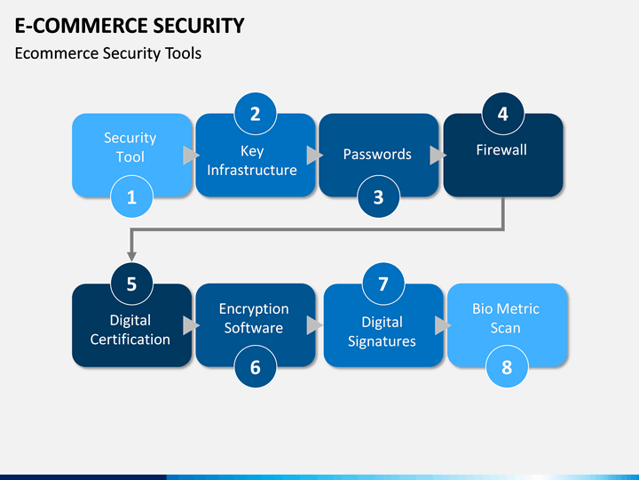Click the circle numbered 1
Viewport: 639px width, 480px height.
coord(131,196)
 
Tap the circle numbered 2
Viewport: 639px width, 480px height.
coord(255,114)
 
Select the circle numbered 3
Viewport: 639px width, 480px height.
coord(379,196)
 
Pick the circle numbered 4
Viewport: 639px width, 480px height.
coord(503,114)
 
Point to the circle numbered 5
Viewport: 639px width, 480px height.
coord(131,284)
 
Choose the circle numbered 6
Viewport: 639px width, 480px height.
coord(255,367)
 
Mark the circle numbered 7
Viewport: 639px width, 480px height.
coord(383,284)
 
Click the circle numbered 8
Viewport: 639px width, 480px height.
coord(507,367)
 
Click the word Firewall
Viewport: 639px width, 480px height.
coord(501,150)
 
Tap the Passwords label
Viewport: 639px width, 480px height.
coord(377,155)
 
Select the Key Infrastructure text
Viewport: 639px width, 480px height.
coord(252,160)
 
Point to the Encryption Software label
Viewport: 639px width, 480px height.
coord(254,318)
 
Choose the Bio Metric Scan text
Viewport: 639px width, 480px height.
coord(506,318)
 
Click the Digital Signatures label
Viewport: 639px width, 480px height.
coord(382,332)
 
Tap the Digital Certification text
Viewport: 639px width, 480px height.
coord(130,330)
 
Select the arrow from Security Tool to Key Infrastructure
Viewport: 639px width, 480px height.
coord(191,155)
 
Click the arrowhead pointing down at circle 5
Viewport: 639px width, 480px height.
coord(131,256)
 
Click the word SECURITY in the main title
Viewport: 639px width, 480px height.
coord(193,25)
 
